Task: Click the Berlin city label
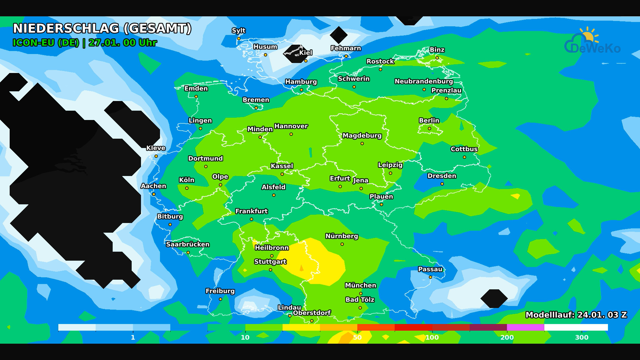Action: [429, 121]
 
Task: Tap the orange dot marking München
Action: [361, 294]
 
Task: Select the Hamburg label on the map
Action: [301, 82]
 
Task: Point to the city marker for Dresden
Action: [442, 184]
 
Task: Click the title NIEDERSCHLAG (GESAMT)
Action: [102, 29]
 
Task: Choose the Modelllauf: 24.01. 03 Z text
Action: [576, 315]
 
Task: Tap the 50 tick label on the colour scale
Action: [357, 337]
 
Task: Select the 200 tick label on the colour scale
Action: [507, 337]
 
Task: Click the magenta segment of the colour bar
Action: [526, 327]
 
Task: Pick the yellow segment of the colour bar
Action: [301, 327]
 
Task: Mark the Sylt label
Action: [239, 31]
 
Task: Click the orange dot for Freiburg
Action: [220, 299]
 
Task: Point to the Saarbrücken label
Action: [188, 244]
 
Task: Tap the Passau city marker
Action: [430, 277]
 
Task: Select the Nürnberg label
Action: [342, 236]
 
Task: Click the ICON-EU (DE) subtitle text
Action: [46, 43]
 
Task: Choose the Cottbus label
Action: [464, 149]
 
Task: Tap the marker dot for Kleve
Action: [156, 156]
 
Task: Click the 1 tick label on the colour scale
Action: [133, 337]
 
